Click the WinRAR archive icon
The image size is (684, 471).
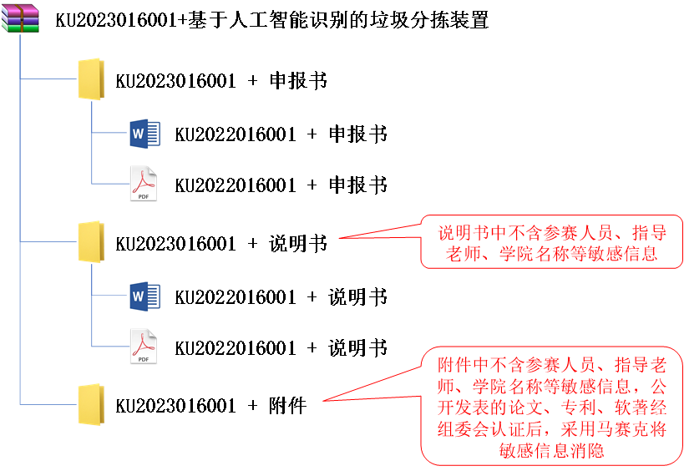(x=20, y=18)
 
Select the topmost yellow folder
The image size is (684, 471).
(x=90, y=79)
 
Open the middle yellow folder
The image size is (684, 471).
(x=90, y=242)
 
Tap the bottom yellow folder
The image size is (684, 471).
(x=90, y=405)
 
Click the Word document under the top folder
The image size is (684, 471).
(x=144, y=133)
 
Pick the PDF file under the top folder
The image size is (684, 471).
(x=144, y=183)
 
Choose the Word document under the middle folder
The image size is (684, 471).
(x=144, y=296)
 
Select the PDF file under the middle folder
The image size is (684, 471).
(x=144, y=346)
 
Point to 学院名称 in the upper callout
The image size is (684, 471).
(x=534, y=254)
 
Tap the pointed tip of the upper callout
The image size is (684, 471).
(x=339, y=238)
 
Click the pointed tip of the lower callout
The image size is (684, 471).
(x=323, y=401)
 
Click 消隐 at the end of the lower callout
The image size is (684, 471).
(x=598, y=451)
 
